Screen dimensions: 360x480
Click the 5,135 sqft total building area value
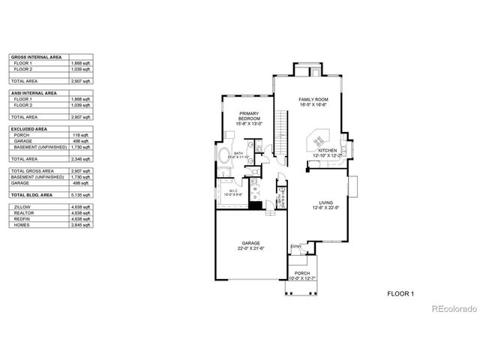coord(80,193)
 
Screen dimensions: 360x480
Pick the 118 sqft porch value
coord(79,136)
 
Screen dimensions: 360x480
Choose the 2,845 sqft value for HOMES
coord(80,224)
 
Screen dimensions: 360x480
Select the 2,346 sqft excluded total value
coord(80,159)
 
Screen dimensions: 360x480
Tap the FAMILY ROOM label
coord(313,99)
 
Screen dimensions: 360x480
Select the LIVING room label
coord(325,203)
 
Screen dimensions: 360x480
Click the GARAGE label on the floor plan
coord(250,244)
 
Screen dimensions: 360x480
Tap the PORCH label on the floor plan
coord(302,273)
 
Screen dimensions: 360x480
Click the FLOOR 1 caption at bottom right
coord(400,294)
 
